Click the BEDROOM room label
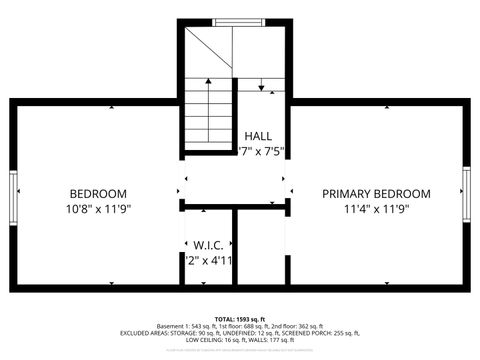[98, 193]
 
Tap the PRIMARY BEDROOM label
[376, 193]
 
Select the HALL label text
[258, 136]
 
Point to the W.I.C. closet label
[208, 244]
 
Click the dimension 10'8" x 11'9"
[98, 209]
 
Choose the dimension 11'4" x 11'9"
[376, 209]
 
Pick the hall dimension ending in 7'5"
[262, 152]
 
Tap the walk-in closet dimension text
[209, 260]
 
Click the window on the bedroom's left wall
[13, 195]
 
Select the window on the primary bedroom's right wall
[466, 195]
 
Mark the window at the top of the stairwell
[237, 21]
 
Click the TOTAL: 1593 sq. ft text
[239, 318]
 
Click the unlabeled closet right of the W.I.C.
[259, 247]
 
